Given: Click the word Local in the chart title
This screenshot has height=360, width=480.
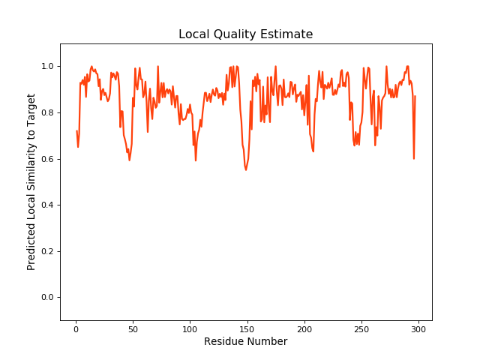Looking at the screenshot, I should [193, 34].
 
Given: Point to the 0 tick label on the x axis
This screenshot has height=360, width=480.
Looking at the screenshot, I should [76, 328].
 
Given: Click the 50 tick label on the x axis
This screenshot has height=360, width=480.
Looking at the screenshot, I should [133, 328].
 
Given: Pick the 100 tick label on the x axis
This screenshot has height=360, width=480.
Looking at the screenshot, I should [190, 328].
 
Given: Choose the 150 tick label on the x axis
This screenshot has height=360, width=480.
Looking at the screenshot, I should [247, 328].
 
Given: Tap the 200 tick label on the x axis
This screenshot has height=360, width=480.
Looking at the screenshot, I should [304, 328].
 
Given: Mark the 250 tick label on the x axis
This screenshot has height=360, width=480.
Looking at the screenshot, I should [361, 328].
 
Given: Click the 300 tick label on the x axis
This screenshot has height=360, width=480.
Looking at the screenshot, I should [418, 328].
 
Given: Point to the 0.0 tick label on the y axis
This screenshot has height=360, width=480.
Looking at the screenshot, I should [47, 298].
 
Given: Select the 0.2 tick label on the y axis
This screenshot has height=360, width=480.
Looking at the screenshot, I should [47, 251].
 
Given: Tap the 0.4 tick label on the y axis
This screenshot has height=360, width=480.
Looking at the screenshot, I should [47, 205].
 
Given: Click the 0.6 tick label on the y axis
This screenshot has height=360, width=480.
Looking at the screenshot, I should [47, 159].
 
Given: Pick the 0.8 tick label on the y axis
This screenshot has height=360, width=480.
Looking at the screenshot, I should [47, 113].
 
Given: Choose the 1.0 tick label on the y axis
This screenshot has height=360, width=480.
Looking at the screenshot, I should [47, 67].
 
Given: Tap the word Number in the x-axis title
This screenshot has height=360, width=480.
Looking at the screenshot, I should [268, 342].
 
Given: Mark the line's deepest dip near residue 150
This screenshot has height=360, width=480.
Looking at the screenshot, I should [245, 170].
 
